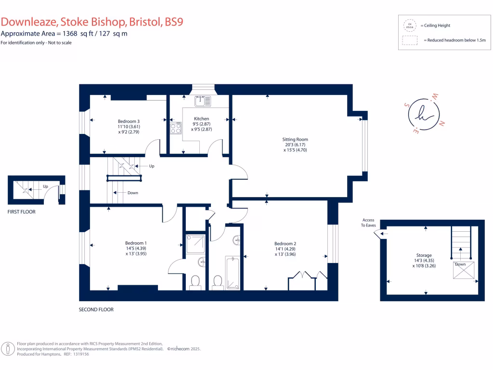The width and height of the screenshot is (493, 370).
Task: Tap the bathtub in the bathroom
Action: coord(232,273)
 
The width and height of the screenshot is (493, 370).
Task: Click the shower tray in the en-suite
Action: coord(195,244)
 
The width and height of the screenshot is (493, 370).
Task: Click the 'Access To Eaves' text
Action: coord(368,223)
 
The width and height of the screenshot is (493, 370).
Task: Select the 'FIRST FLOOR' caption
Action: coord(22,211)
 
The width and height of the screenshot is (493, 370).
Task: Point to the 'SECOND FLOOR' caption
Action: coord(96,310)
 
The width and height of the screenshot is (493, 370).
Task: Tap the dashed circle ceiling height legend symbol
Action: coord(409,26)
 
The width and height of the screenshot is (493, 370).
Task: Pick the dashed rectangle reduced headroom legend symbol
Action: coord(409,41)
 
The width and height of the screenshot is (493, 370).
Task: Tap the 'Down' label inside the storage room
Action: coord(460,264)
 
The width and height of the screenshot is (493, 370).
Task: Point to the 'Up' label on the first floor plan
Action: coord(45,186)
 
